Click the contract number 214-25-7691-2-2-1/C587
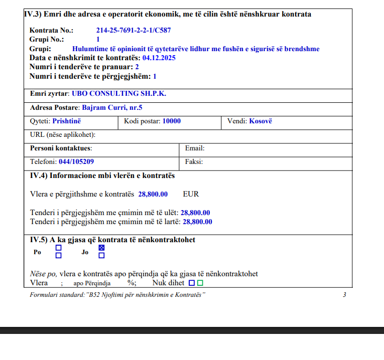(134, 31)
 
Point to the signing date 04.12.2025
(159, 58)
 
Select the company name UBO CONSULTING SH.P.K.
(119, 94)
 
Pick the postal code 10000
(172, 121)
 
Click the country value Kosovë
(261, 121)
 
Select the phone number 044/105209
(76, 162)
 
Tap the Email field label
(195, 148)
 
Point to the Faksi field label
(194, 162)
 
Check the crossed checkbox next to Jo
(101, 248)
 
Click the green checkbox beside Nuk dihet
(200, 283)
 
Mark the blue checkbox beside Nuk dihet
(191, 283)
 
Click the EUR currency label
(191, 194)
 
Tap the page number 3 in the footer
(344, 295)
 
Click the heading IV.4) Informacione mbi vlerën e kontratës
(102, 176)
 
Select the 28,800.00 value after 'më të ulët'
(195, 213)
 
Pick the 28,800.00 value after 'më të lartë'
(197, 222)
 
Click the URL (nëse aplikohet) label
(63, 135)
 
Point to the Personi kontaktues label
(61, 148)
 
